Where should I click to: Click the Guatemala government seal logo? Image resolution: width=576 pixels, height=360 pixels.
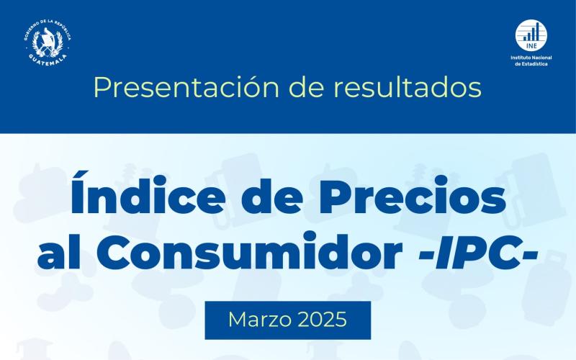click(x=47, y=40)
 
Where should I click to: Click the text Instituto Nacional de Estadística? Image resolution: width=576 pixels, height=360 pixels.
click(x=529, y=60)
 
